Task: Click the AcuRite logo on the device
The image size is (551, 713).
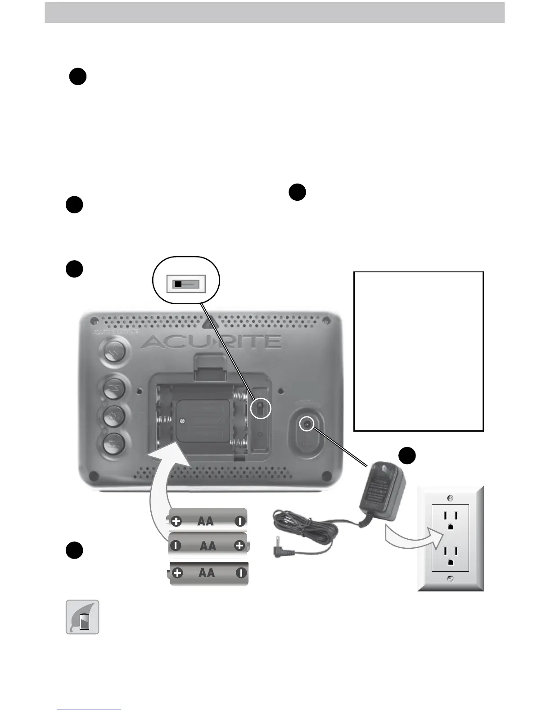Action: coord(211,342)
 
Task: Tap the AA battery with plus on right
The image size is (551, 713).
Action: coord(208,546)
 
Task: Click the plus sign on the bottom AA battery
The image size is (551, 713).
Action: coord(178,573)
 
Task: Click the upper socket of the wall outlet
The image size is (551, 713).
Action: coord(450,519)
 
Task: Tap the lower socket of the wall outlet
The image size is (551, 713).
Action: coord(450,556)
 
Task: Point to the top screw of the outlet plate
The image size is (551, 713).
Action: coord(451,498)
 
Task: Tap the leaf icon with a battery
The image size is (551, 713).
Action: coord(83,617)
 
